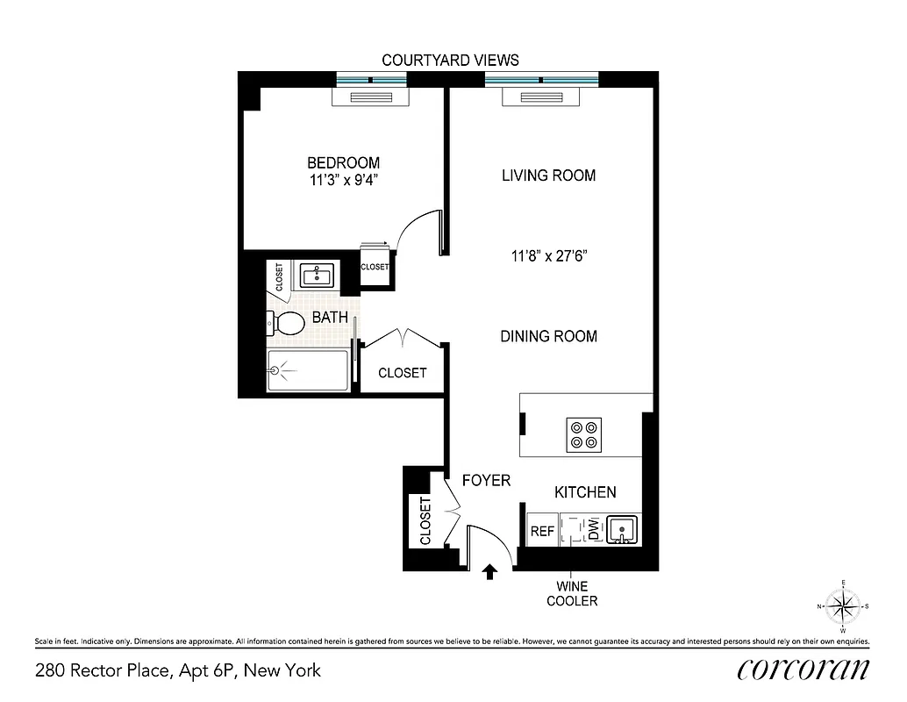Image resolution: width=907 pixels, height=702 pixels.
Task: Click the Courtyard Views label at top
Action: click(450, 60)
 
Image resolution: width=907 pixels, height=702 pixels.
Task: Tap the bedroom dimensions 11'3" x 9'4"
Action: click(343, 180)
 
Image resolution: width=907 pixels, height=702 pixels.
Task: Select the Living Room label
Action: click(548, 175)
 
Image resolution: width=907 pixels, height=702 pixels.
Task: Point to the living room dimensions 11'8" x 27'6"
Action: click(548, 256)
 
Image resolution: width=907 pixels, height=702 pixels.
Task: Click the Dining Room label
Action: click(548, 336)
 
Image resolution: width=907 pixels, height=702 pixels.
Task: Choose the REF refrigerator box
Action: click(542, 531)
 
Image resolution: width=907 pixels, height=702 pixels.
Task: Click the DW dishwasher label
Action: click(593, 530)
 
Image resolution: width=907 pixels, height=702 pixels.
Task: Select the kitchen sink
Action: click(622, 529)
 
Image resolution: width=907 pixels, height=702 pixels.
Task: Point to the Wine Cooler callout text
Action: click(572, 593)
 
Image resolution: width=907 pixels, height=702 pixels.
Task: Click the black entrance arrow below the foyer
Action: click(489, 572)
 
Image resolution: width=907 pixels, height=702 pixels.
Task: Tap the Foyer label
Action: click(486, 480)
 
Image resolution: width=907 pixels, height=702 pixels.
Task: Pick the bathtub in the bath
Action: click(308, 370)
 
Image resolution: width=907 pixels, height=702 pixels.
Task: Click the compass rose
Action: click(843, 605)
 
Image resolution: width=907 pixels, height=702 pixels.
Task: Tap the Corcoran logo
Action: click(803, 670)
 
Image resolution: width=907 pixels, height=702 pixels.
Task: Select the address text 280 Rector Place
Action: click(178, 671)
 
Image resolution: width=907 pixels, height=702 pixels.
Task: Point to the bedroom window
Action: click(372, 80)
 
